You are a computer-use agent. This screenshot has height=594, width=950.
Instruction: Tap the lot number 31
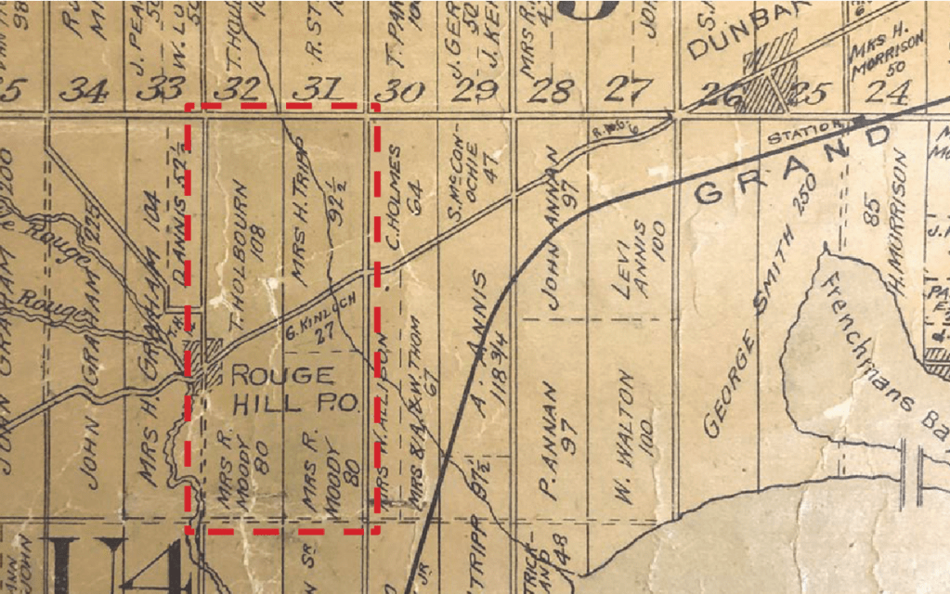coord(316,90)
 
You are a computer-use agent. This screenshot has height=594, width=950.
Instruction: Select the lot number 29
coord(474,90)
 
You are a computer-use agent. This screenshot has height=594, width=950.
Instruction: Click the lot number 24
coord(883,90)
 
